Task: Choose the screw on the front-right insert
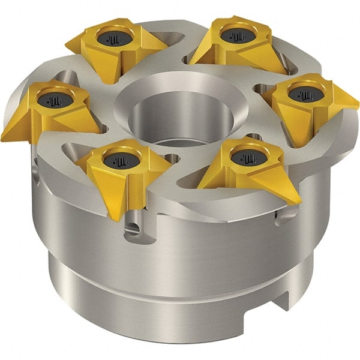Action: (x=244, y=158)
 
